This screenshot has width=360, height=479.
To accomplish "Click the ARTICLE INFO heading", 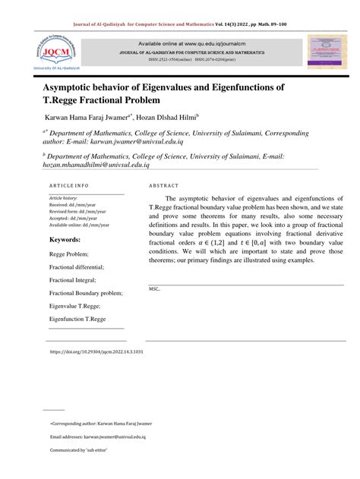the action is (x=69, y=185).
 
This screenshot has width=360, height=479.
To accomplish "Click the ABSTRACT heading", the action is (x=164, y=185).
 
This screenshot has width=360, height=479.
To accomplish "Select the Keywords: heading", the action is (x=65, y=239).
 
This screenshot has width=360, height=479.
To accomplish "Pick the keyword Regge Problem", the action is (x=69, y=254).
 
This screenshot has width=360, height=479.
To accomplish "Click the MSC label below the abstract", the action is (x=155, y=289).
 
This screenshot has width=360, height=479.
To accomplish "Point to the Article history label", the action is (x=63, y=197).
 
